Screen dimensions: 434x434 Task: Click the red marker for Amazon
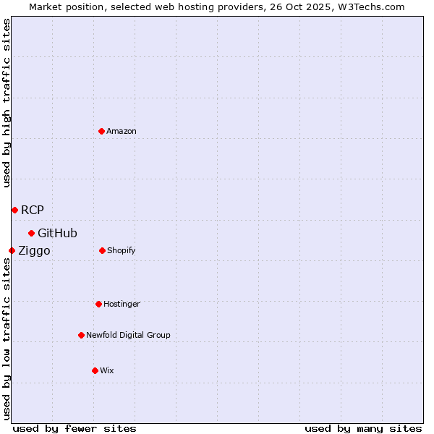click(102, 131)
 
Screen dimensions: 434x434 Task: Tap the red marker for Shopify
click(102, 250)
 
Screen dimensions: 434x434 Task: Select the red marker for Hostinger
click(98, 304)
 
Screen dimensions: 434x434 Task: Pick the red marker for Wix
click(95, 370)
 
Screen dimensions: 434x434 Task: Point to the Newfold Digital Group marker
click(81, 335)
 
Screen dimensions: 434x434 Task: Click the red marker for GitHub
click(31, 233)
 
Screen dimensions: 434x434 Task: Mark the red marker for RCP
click(14, 210)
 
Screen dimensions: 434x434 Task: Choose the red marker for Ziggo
click(12, 250)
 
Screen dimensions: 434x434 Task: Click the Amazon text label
click(122, 131)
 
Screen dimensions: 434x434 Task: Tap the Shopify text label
click(122, 250)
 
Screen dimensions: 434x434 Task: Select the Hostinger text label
click(122, 304)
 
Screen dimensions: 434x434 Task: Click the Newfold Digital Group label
click(128, 335)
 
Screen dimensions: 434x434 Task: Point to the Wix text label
click(107, 370)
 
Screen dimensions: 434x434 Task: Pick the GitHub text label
click(57, 233)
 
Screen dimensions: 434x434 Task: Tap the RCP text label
click(33, 210)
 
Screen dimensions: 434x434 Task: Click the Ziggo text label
click(34, 250)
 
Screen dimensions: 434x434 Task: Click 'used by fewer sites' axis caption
click(75, 428)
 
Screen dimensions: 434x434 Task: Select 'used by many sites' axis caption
click(363, 428)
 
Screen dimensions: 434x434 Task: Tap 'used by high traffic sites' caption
click(7, 103)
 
